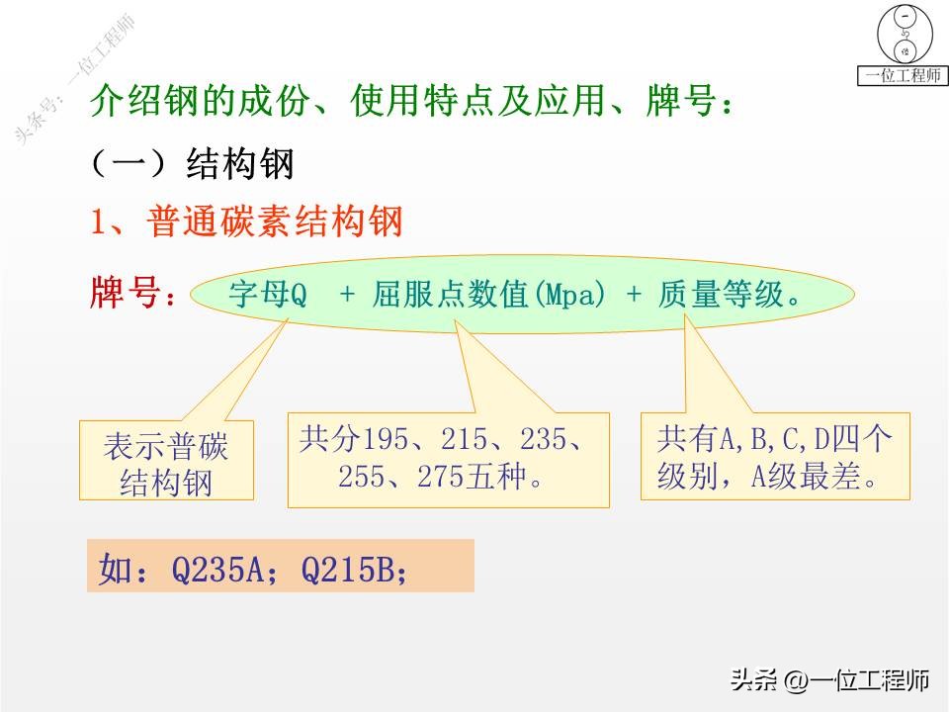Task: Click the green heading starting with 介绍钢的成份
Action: (413, 103)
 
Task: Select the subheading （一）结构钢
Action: (192, 163)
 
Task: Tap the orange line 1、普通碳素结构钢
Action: (247, 222)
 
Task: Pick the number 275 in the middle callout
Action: (447, 478)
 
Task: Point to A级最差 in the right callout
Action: (803, 478)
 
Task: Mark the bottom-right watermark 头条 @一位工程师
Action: (828, 680)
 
